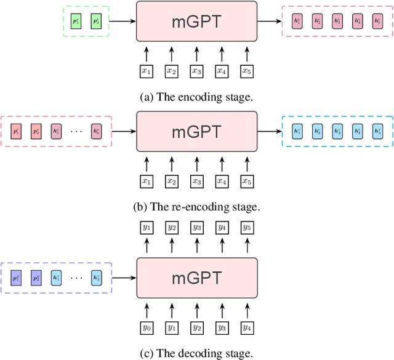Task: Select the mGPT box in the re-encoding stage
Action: tap(196, 131)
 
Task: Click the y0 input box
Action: tap(147, 327)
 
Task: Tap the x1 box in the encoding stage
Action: tap(147, 71)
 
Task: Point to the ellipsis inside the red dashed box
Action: tap(76, 131)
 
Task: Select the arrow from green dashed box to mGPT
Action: tap(122, 21)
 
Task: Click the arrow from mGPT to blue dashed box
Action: tap(268, 131)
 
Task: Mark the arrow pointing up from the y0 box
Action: tap(147, 308)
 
